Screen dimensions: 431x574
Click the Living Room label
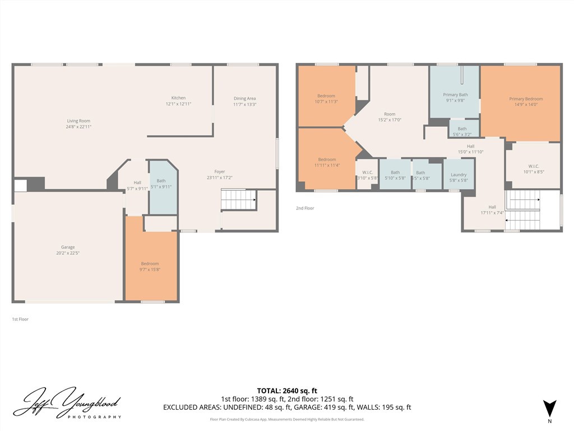[78, 121]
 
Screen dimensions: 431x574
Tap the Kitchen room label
[178, 98]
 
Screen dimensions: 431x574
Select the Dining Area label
[244, 99]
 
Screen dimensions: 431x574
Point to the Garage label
[68, 247]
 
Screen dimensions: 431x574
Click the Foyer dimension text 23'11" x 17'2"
[220, 178]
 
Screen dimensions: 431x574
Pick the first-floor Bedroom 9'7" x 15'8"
[150, 267]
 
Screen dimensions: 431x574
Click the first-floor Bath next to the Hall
[161, 184]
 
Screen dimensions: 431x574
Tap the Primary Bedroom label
[526, 99]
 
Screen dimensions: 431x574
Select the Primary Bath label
[455, 95]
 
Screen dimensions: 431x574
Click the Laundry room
[459, 175]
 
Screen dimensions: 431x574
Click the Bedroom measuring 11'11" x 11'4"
[327, 163]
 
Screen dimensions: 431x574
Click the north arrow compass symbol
[549, 408]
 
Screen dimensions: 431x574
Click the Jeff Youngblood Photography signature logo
[67, 404]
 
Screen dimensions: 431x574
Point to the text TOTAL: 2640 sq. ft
[287, 391]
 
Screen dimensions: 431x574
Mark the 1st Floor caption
[20, 319]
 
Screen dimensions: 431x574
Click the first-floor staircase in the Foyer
[238, 199]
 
